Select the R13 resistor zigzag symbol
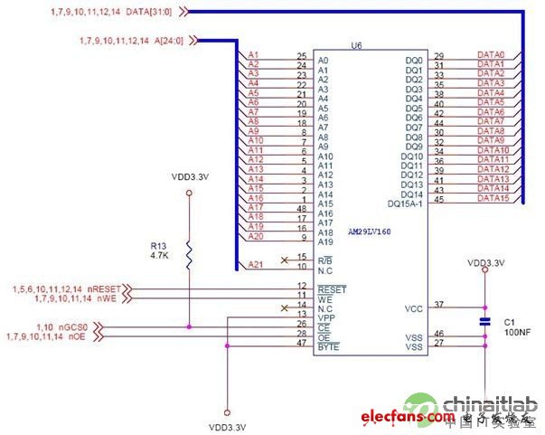(x=189, y=255)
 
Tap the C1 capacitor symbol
(x=484, y=320)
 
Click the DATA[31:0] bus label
(x=162, y=12)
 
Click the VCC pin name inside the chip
(x=413, y=308)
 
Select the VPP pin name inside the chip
(x=326, y=317)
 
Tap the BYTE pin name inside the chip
(x=328, y=346)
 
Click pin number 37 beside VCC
(x=439, y=304)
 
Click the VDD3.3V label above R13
(x=190, y=179)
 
